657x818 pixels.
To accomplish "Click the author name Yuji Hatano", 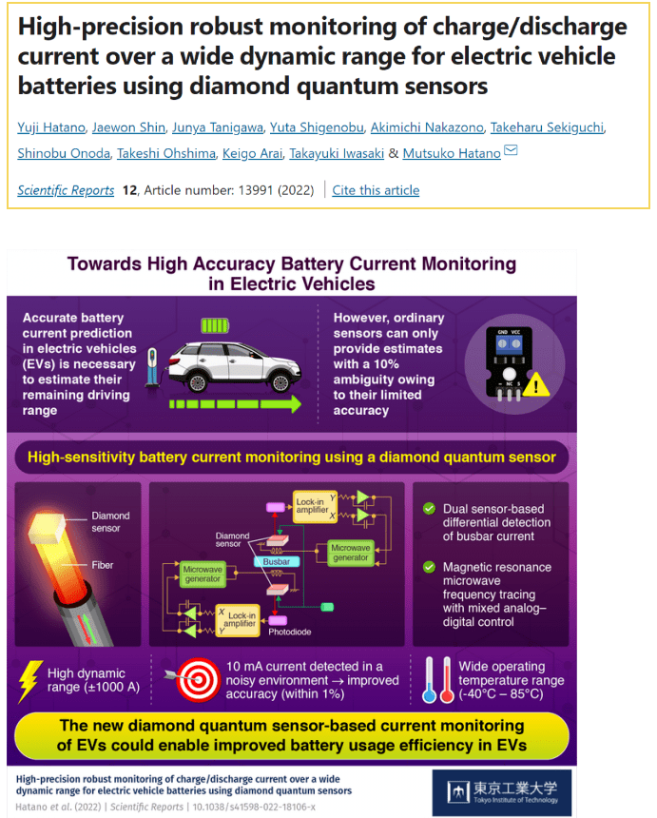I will (x=50, y=128).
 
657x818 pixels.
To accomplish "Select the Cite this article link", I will (x=376, y=190).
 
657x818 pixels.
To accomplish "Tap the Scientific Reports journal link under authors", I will (x=66, y=190).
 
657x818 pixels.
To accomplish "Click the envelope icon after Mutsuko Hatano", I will (x=510, y=150).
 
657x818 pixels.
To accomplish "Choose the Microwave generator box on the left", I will (x=202, y=573).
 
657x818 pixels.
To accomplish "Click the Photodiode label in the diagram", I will (x=289, y=632).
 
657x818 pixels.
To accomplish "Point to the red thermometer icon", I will (x=446, y=680).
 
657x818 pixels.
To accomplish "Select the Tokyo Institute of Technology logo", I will (x=501, y=791).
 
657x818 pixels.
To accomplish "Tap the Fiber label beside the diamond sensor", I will (x=103, y=565).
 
